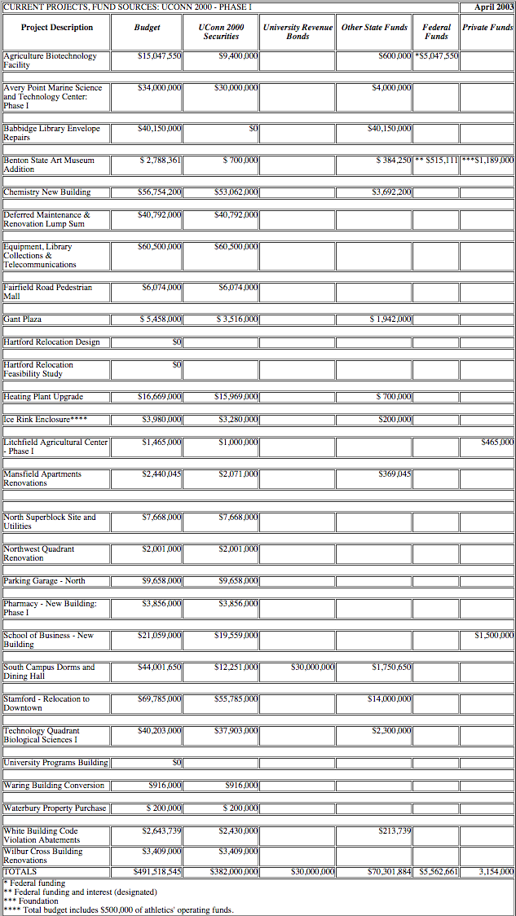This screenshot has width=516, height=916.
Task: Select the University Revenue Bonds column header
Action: [x=298, y=32]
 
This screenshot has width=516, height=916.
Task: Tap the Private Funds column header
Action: [x=487, y=28]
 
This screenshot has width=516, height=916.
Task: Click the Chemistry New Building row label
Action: [x=47, y=192]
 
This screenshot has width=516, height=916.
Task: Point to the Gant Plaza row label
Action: [x=23, y=319]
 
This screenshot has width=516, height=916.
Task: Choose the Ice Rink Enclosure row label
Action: [x=46, y=420]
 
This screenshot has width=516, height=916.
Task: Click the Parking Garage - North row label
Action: [x=44, y=581]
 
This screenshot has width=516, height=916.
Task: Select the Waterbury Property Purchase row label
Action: [x=55, y=808]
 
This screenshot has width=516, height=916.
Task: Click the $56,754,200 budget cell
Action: [x=160, y=192]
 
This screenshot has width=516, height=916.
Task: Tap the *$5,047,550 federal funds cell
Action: [x=437, y=56]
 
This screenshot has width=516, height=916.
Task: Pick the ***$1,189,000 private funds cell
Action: [x=487, y=161]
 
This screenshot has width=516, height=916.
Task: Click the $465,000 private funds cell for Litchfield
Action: [x=497, y=442]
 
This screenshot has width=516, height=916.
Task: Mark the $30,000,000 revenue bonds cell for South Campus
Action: [x=313, y=667]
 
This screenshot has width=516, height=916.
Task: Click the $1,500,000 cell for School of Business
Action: [x=494, y=636]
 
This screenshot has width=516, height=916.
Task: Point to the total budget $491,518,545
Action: [x=157, y=871]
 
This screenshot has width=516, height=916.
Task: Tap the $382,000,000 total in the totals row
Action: [x=234, y=871]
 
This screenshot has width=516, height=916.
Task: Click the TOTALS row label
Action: [x=20, y=871]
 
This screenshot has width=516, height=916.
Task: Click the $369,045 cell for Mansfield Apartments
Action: [x=395, y=474]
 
